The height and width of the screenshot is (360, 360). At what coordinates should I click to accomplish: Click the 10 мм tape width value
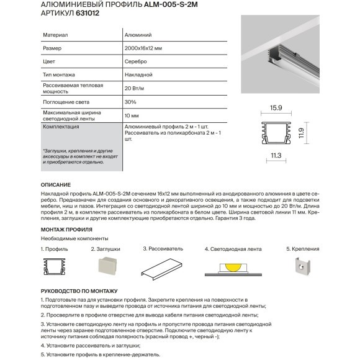[132, 115]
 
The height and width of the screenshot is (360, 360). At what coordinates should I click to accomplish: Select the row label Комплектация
[61, 126]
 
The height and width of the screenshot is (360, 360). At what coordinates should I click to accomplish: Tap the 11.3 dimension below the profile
[276, 155]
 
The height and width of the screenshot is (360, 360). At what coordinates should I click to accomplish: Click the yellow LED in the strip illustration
[230, 265]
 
